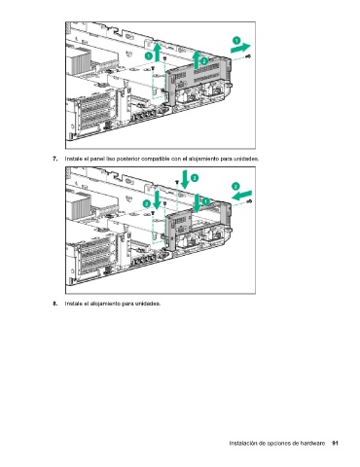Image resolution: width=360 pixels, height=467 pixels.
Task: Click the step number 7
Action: click(55, 159)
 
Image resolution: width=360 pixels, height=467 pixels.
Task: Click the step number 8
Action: click(55, 304)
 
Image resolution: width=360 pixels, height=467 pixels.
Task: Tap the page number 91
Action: click(336, 443)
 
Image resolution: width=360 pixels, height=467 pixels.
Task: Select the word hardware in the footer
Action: click(312, 443)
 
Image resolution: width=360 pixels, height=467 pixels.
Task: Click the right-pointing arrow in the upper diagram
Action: click(240, 49)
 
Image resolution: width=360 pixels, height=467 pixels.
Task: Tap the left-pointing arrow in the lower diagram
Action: click(241, 196)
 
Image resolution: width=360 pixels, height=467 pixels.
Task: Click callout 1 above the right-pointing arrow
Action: click(236, 41)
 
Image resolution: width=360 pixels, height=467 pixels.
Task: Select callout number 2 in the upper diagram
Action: click(204, 61)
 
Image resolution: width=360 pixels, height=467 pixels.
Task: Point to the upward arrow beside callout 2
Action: click(197, 59)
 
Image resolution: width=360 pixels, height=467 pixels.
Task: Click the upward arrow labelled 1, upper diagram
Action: click(158, 52)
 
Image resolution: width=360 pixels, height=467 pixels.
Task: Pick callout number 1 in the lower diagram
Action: click(206, 201)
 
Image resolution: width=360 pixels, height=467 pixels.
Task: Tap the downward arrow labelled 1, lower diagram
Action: click(197, 201)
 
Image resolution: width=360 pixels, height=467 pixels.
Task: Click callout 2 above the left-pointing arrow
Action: click(235, 186)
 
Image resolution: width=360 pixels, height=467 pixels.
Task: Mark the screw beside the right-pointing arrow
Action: click(249, 56)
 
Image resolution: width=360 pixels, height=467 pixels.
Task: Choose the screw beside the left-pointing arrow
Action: click(249, 201)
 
